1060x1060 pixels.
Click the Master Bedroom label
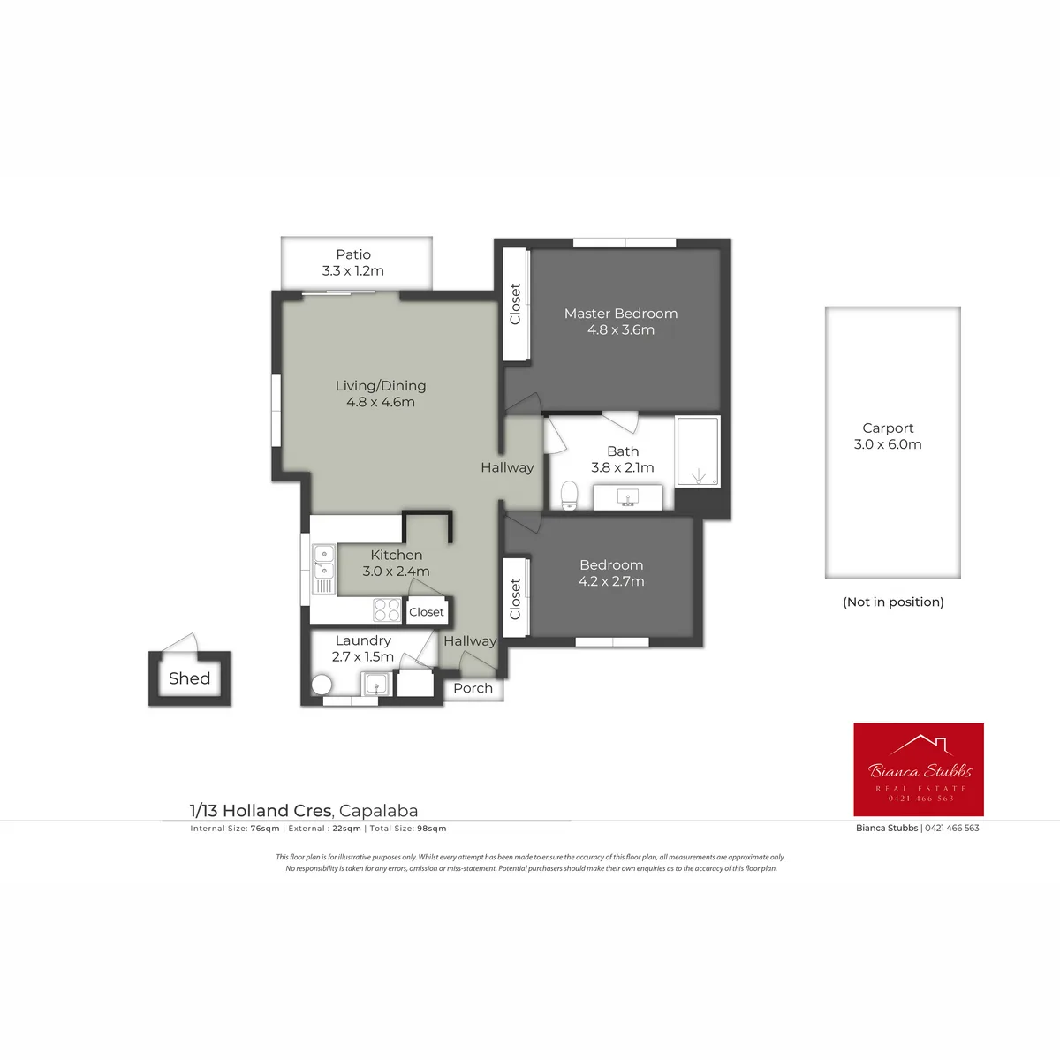(620, 314)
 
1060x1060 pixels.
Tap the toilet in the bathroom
(570, 495)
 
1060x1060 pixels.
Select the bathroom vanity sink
(628, 497)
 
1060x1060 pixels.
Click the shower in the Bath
(698, 451)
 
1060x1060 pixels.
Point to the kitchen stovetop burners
(387, 609)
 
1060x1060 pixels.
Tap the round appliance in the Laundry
(322, 685)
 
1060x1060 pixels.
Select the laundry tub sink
(377, 685)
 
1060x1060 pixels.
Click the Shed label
(189, 678)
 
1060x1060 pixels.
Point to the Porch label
(473, 688)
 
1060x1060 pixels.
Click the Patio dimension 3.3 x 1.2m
(353, 270)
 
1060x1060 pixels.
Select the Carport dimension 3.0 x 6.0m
(888, 444)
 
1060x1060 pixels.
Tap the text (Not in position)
(893, 602)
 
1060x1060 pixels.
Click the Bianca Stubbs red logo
(919, 769)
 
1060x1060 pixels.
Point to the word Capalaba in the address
(378, 811)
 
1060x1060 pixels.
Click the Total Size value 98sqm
(432, 829)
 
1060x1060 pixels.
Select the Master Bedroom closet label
(515, 304)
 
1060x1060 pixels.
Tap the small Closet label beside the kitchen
(427, 611)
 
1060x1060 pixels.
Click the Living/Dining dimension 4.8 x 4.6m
(381, 402)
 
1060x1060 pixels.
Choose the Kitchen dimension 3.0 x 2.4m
(396, 571)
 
